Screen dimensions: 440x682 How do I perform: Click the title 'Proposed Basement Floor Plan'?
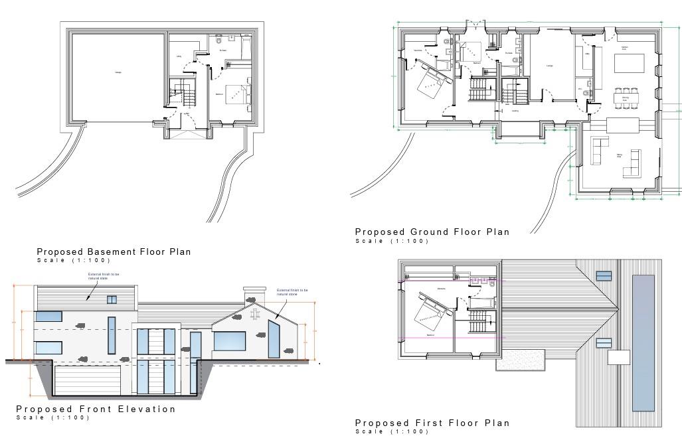pyautogui.click(x=114, y=252)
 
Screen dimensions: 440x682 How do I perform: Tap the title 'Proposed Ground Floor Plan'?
pyautogui.click(x=432, y=232)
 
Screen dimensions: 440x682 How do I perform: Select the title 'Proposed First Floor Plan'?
pyautogui.click(x=432, y=423)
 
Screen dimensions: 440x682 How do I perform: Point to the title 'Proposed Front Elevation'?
pyautogui.click(x=96, y=409)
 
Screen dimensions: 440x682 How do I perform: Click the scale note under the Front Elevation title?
pyautogui.click(x=52, y=418)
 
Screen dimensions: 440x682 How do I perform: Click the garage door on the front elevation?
pyautogui.click(x=87, y=381)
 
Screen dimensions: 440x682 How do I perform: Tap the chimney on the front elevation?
pyautogui.click(x=250, y=295)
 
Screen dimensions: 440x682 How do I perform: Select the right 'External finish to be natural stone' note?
pyautogui.click(x=292, y=293)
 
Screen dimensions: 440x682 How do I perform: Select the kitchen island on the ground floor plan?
pyautogui.click(x=629, y=64)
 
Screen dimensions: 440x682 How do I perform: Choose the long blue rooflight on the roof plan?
pyautogui.click(x=643, y=342)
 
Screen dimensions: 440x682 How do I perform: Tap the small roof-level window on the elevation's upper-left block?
pyautogui.click(x=112, y=300)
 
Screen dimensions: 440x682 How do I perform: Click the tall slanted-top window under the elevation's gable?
pyautogui.click(x=274, y=339)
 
